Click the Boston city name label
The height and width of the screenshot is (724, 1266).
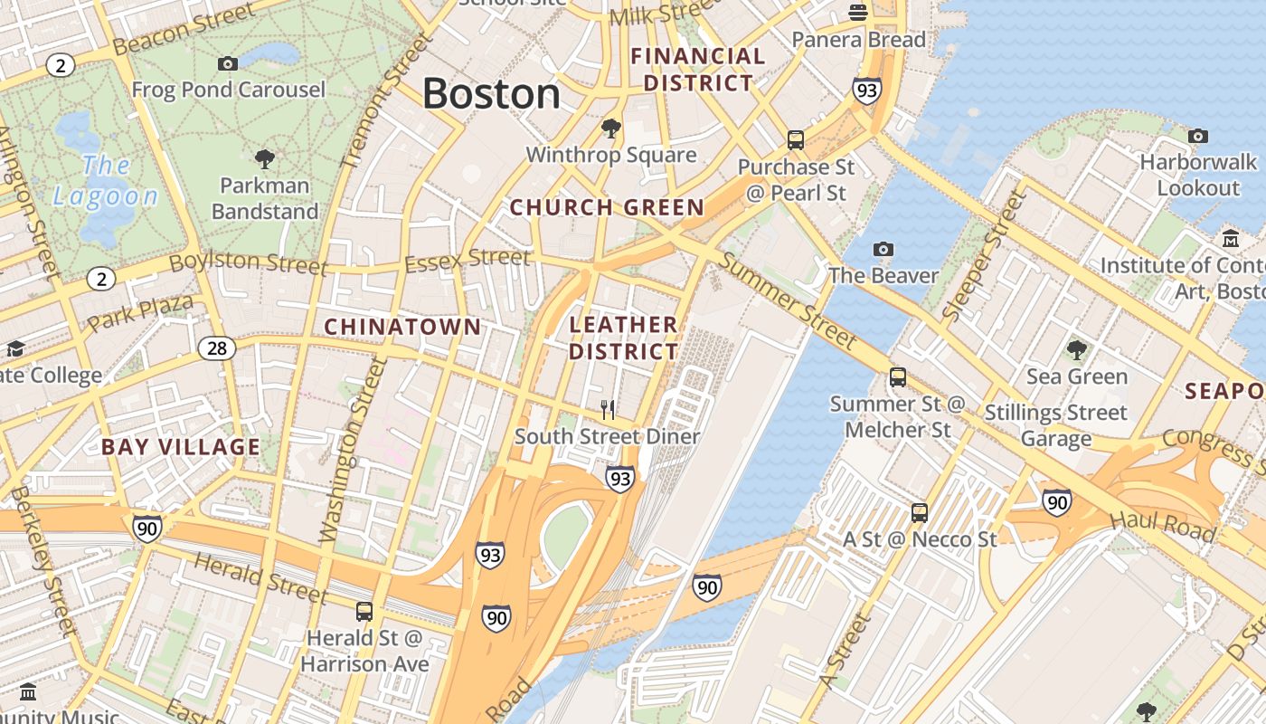(491, 94)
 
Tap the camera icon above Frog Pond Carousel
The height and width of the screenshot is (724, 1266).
(228, 63)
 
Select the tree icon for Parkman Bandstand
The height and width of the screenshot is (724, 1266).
(265, 160)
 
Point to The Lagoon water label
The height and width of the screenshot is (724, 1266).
(106, 180)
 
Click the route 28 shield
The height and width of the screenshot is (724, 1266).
(217, 348)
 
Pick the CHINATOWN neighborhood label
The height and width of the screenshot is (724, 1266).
(402, 327)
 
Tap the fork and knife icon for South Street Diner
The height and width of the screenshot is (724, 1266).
(608, 410)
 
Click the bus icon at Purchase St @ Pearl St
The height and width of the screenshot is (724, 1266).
(796, 140)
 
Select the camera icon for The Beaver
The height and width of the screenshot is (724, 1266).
(883, 249)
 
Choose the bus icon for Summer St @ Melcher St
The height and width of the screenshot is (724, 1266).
(898, 377)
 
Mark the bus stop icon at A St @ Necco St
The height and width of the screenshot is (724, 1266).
(920, 513)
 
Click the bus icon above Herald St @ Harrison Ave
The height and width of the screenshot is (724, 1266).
(364, 612)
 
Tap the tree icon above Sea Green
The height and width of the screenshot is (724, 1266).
(1076, 350)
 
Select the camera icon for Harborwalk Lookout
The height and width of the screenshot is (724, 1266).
(1198, 136)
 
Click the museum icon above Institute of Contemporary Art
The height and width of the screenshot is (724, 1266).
(1231, 239)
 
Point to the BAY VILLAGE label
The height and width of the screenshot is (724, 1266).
(181, 447)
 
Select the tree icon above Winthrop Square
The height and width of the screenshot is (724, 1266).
(611, 129)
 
